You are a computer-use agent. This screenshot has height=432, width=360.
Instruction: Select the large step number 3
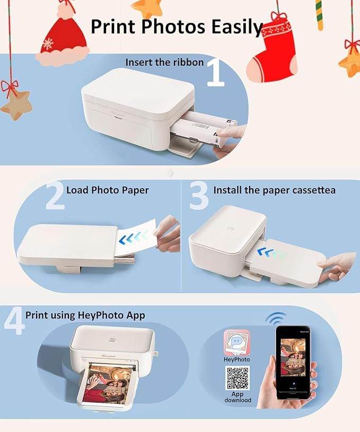coord(198,195)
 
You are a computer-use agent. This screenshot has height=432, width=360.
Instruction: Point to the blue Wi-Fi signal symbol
coord(276,318)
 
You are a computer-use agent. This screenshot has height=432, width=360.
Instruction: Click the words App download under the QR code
coord(238,397)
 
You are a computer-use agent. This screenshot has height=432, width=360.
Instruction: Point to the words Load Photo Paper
coord(108,190)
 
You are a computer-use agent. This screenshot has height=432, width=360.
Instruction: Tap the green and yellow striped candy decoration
coord(319,15)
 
